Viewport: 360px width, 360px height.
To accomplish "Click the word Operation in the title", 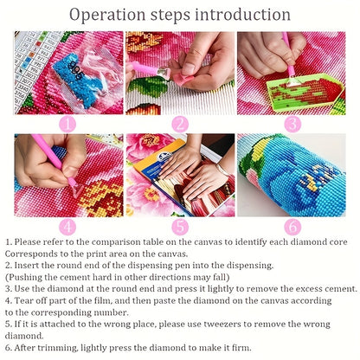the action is tap(107, 15).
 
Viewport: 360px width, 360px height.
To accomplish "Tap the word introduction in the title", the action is tap(242, 14).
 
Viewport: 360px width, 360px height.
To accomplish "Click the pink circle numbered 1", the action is tap(67, 125).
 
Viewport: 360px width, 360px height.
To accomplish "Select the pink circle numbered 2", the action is tap(180, 125).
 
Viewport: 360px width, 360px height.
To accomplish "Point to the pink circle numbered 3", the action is tap(292, 125).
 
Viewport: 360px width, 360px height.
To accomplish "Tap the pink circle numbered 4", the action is tap(67, 227).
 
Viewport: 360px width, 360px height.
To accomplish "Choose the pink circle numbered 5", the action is tap(180, 227).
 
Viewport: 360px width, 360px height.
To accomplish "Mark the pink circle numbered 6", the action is tap(292, 227).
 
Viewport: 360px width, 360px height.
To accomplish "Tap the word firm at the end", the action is tap(241, 348).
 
